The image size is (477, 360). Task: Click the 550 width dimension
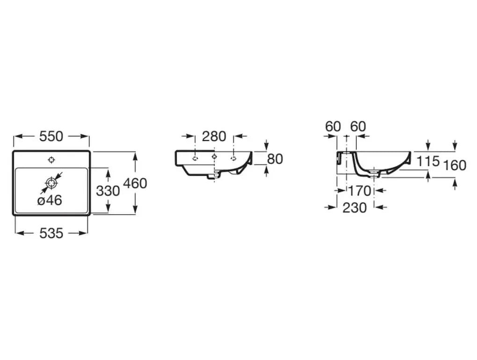tap(51, 136)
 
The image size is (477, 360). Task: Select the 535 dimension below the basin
tap(51, 233)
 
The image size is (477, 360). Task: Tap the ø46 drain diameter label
tap(50, 201)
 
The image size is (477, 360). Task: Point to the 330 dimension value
tap(108, 191)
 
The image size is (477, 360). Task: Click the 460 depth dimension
tap(135, 183)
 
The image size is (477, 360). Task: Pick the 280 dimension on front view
tap(214, 136)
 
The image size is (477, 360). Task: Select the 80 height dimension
tap(275, 159)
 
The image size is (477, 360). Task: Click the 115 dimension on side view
tap(428, 161)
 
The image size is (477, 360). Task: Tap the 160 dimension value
tap(455, 166)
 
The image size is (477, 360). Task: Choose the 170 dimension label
tap(359, 191)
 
